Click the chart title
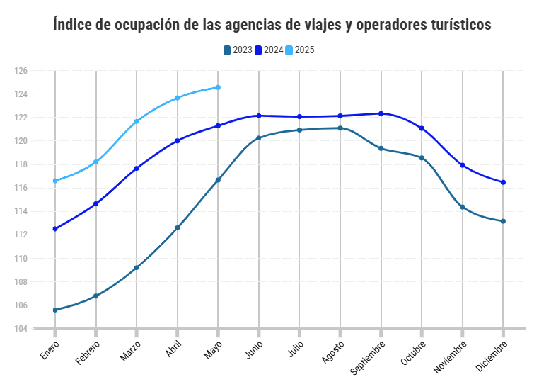tap(272, 25)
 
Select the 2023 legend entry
tap(238, 50)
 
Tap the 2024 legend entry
tap(269, 50)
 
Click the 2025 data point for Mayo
tap(218, 87)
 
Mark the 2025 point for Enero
tap(55, 181)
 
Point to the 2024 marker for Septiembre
tap(381, 113)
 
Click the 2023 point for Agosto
tap(340, 128)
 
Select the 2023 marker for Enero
tap(55, 310)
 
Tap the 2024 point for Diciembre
tap(503, 182)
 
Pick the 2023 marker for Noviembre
tap(463, 207)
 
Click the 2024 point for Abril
tap(178, 140)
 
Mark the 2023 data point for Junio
tap(259, 137)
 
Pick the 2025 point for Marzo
tap(137, 121)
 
